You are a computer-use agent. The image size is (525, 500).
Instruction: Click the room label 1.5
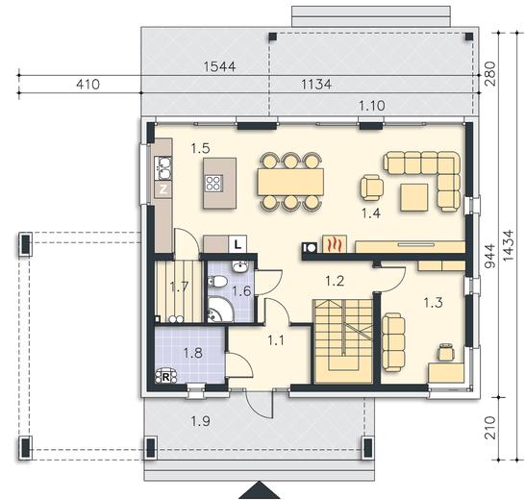click(200, 148)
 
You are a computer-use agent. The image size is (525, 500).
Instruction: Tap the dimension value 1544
click(219, 66)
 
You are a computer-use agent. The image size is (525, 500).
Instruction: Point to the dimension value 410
click(87, 84)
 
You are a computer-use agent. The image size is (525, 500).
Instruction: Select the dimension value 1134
click(316, 84)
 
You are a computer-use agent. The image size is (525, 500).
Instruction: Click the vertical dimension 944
click(490, 256)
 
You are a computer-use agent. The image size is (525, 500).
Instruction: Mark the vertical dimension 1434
click(508, 245)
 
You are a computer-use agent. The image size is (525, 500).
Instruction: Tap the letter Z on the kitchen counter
click(163, 189)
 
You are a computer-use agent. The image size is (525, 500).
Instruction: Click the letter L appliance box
click(237, 244)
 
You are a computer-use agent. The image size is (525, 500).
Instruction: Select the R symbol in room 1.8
click(165, 376)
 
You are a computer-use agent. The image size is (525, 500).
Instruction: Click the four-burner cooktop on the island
click(213, 184)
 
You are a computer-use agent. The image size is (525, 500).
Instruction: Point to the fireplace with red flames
click(335, 244)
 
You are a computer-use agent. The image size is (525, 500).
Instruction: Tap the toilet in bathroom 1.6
click(217, 281)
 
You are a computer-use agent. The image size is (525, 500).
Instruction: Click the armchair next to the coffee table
click(372, 187)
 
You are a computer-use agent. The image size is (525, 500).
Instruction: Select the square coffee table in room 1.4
click(413, 197)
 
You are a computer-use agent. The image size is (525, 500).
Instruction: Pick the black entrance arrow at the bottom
click(259, 490)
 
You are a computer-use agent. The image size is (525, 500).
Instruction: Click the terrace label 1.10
click(372, 106)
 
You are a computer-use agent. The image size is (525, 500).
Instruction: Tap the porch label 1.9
click(200, 421)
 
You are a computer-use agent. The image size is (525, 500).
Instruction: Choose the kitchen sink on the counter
click(163, 167)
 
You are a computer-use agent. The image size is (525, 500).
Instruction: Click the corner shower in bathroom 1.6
click(220, 310)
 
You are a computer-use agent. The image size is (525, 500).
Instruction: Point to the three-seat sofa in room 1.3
click(393, 342)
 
